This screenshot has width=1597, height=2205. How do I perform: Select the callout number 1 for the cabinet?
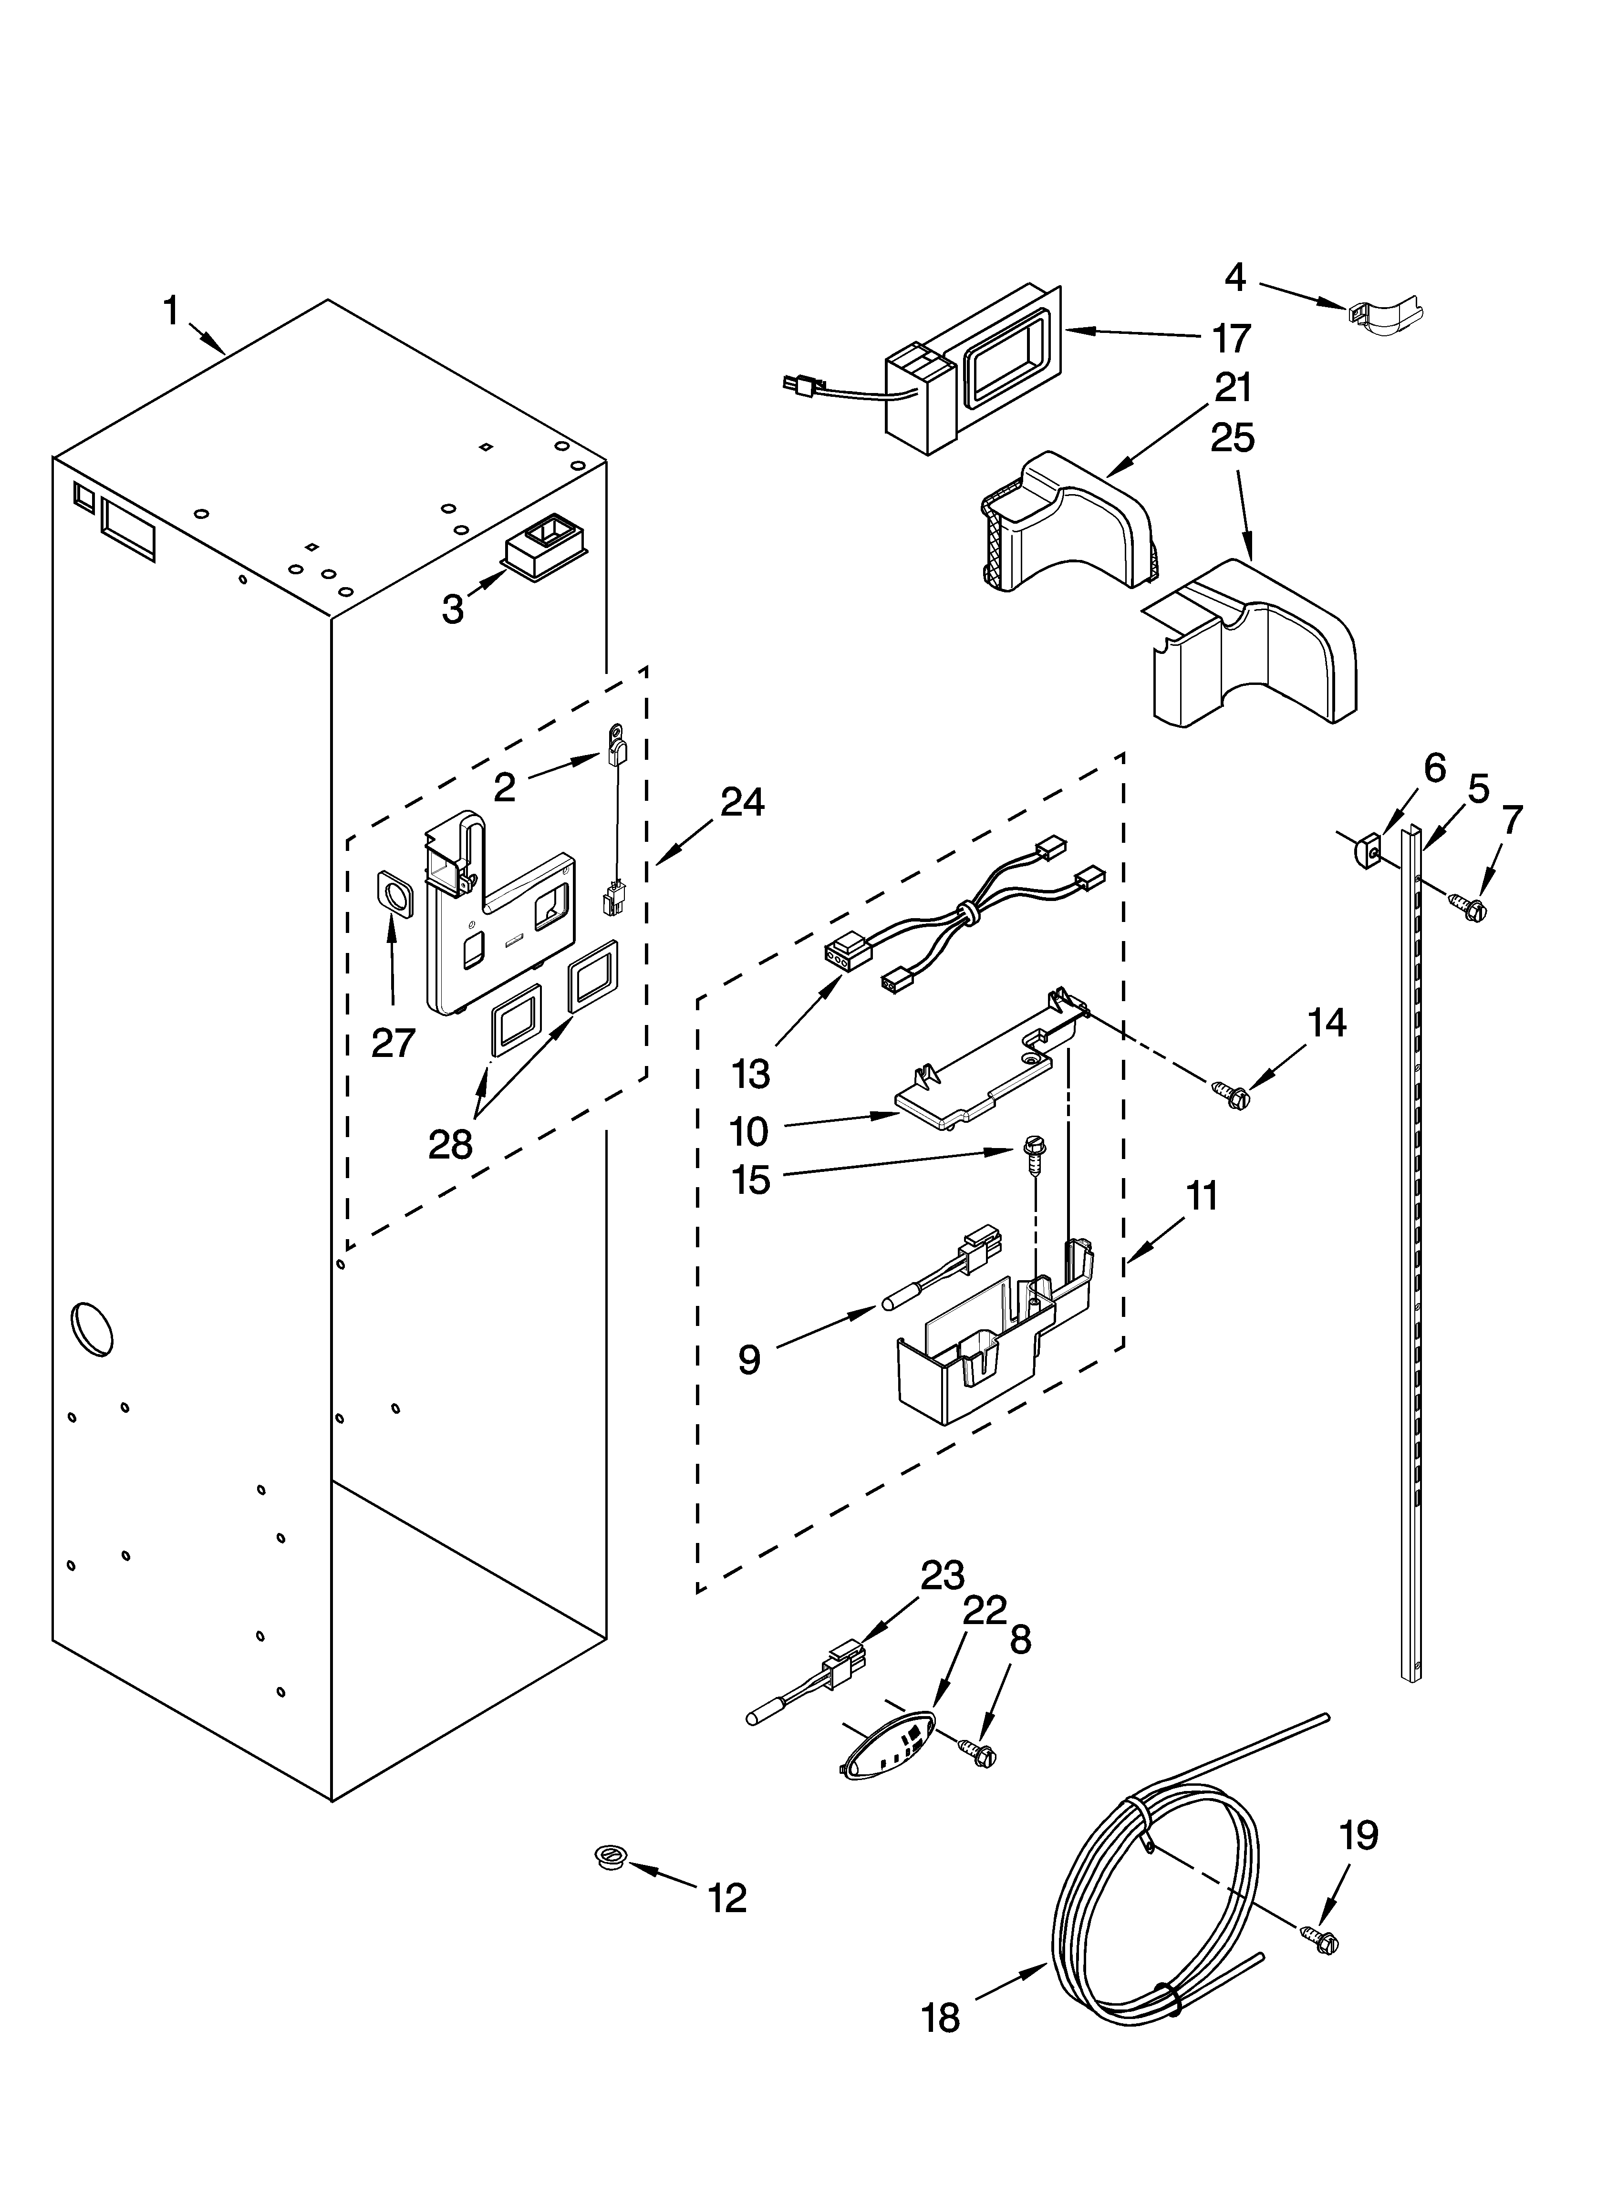170,312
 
